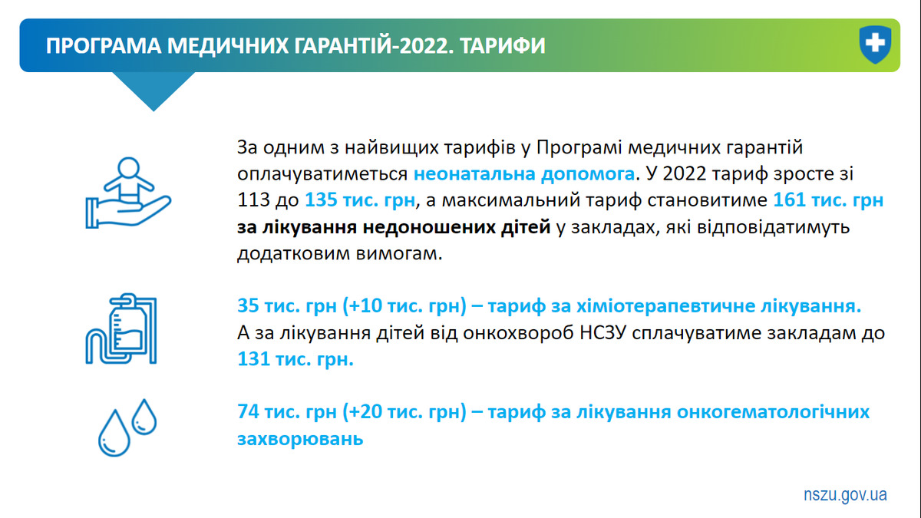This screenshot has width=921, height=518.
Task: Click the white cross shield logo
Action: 876,45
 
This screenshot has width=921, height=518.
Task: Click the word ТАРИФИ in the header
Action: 503,45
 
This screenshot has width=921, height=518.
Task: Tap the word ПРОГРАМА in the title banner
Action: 104,45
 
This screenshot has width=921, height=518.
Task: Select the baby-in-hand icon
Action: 128,193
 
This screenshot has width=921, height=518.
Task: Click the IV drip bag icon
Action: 121,328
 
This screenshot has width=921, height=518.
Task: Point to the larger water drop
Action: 114,433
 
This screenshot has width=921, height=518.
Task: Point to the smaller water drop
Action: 144,417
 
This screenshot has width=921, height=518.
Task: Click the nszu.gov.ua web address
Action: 845,494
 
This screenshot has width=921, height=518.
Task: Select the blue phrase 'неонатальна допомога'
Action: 523,174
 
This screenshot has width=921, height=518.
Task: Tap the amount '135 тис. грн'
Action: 360,200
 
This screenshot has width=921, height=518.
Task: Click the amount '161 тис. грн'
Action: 828,200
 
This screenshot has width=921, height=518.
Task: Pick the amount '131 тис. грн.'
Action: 295,359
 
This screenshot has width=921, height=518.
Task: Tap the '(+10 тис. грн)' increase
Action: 404,306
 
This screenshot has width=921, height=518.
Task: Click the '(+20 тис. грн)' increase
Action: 404,412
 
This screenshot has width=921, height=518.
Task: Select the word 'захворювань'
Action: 300,439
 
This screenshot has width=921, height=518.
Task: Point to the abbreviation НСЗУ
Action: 602,333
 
